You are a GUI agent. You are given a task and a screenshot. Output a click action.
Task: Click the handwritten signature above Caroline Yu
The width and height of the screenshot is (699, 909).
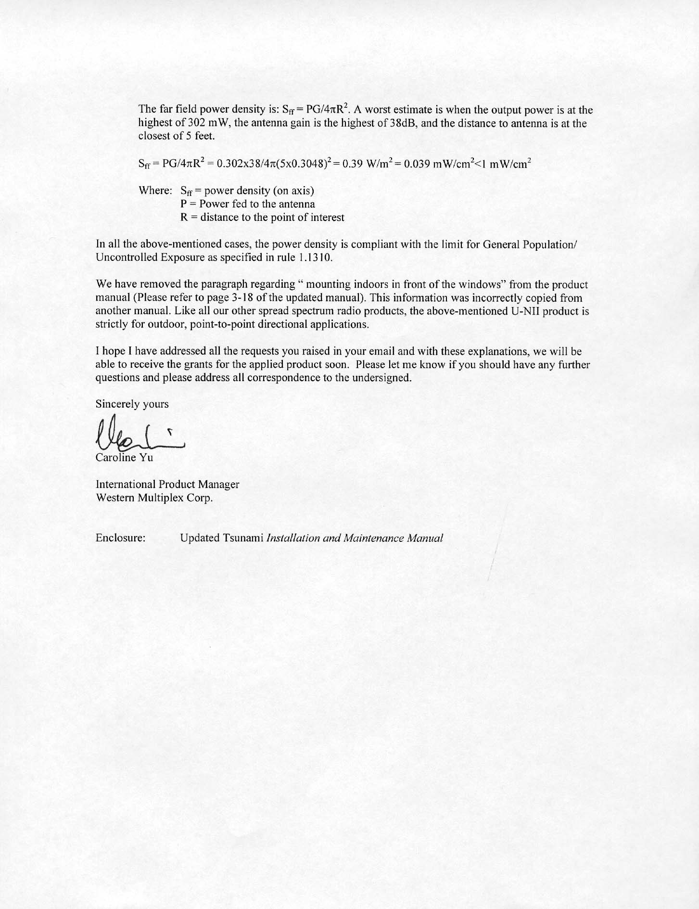[140, 433]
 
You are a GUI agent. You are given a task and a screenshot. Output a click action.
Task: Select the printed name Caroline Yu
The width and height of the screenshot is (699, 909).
[124, 458]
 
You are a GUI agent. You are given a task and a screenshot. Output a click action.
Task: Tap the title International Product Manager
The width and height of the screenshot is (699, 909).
[167, 484]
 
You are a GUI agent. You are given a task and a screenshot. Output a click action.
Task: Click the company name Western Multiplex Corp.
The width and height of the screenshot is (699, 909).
[154, 498]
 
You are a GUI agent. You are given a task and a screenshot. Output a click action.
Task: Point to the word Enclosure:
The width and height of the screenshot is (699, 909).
[121, 538]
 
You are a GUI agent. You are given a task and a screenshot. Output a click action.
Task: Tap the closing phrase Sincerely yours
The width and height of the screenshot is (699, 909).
[132, 404]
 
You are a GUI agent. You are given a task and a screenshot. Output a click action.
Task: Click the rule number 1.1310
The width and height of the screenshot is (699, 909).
[314, 257]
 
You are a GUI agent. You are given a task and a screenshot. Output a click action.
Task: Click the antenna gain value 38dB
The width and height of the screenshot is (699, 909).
[404, 123]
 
